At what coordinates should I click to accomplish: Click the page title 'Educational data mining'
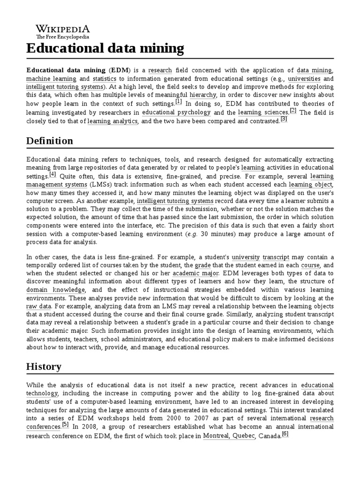[105, 48]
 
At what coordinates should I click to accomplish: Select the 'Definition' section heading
[50, 141]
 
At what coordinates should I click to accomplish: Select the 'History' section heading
[44, 366]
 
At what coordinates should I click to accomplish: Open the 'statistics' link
[104, 78]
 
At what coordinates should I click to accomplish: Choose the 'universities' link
[304, 78]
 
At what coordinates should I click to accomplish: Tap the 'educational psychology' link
[176, 112]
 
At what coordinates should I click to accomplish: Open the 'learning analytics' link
[112, 121]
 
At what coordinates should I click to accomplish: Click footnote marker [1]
[179, 102]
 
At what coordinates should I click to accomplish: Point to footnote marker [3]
[284, 119]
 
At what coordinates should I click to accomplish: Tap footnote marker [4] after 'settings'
[52, 174]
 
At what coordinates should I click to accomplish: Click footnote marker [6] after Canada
[285, 434]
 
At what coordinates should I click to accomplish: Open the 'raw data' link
[38, 306]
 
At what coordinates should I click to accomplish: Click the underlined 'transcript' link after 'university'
[276, 257]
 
